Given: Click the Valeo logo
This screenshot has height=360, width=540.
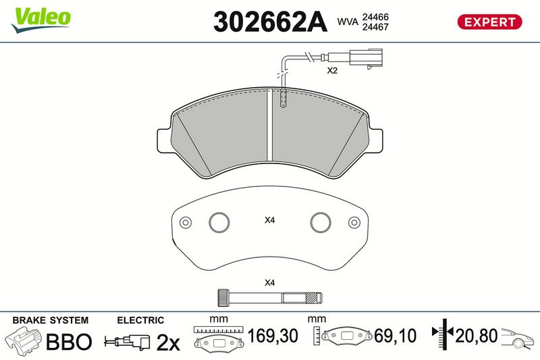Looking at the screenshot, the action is [41, 20].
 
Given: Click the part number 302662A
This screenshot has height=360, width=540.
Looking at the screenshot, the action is [270, 22].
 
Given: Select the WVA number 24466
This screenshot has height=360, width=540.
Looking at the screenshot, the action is [375, 17].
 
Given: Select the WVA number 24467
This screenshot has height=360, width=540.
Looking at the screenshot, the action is [375, 27].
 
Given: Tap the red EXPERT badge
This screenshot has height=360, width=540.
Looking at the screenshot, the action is [489, 22].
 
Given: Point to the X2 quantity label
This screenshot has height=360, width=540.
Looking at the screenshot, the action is [332, 71].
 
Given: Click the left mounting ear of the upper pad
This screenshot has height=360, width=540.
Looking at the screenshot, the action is [164, 140].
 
